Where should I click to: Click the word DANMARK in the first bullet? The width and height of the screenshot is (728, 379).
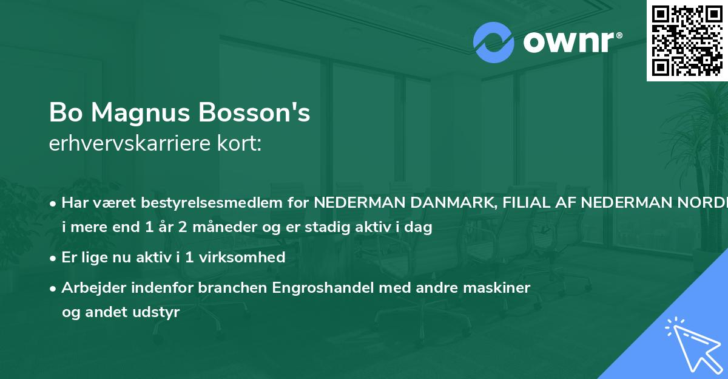coord(458,203)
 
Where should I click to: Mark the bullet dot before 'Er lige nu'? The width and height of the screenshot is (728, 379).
coord(54,258)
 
